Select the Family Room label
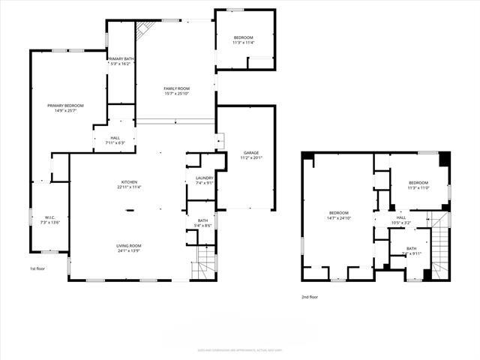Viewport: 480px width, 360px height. (x=175, y=91)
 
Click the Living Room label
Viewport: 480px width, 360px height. (x=129, y=248)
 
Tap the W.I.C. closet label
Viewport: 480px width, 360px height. (x=43, y=220)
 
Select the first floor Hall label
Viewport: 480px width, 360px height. (x=115, y=140)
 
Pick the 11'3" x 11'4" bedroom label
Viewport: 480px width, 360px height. (x=243, y=40)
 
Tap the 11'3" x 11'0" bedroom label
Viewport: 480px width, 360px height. (x=418, y=185)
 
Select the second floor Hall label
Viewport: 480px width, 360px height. (x=400, y=220)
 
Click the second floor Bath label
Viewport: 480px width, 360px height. (x=411, y=251)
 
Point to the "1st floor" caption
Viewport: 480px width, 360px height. (x=38, y=268)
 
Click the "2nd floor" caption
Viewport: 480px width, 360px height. (x=310, y=297)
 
